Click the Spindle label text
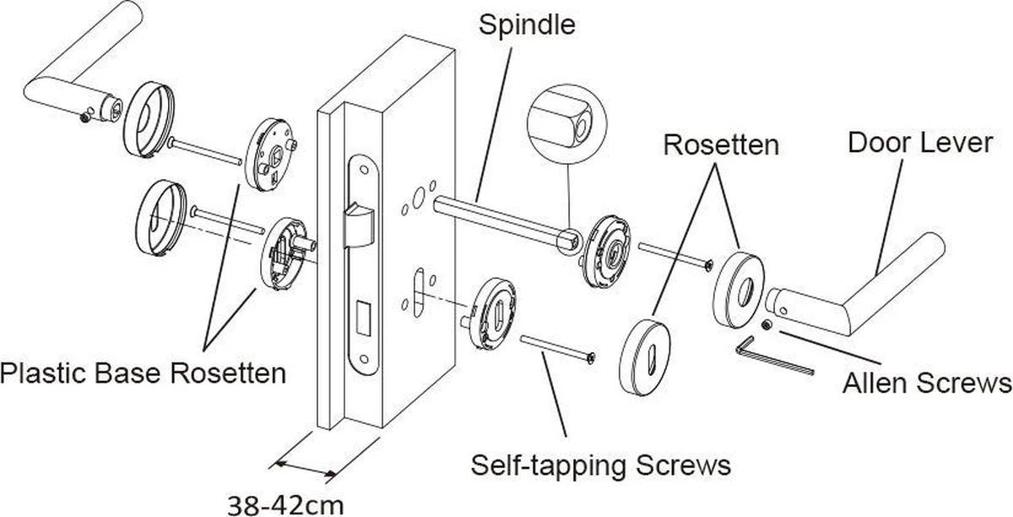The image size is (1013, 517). (527, 24)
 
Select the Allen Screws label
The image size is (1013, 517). (927, 384)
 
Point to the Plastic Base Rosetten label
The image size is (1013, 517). (144, 373)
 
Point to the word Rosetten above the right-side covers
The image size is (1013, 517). (720, 144)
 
